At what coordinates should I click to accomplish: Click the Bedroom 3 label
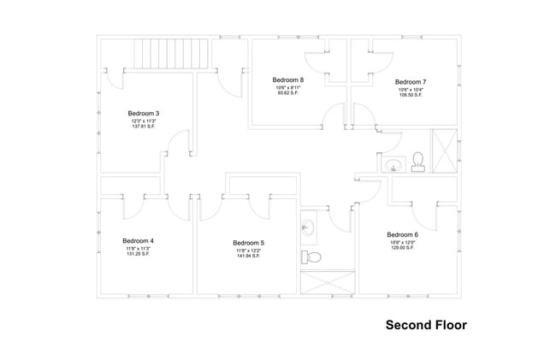pos(144,113)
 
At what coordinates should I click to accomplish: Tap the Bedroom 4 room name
pos(138,240)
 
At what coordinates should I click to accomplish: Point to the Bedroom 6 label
pos(402,234)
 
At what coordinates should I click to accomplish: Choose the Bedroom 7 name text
pos(411,82)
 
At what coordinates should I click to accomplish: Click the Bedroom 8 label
pos(288,80)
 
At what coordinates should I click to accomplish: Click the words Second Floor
pos(425,325)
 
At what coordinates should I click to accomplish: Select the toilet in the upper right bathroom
pos(418,161)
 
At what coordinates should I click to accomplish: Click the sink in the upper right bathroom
pos(393,165)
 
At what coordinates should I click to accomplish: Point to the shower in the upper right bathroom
pos(445,151)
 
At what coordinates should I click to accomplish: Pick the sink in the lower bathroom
pos(308,227)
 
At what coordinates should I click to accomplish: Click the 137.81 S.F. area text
pos(144,129)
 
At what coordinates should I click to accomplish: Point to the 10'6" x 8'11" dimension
pos(288,87)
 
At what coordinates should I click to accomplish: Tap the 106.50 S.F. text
pos(411,95)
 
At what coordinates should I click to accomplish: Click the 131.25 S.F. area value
pos(138,254)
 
